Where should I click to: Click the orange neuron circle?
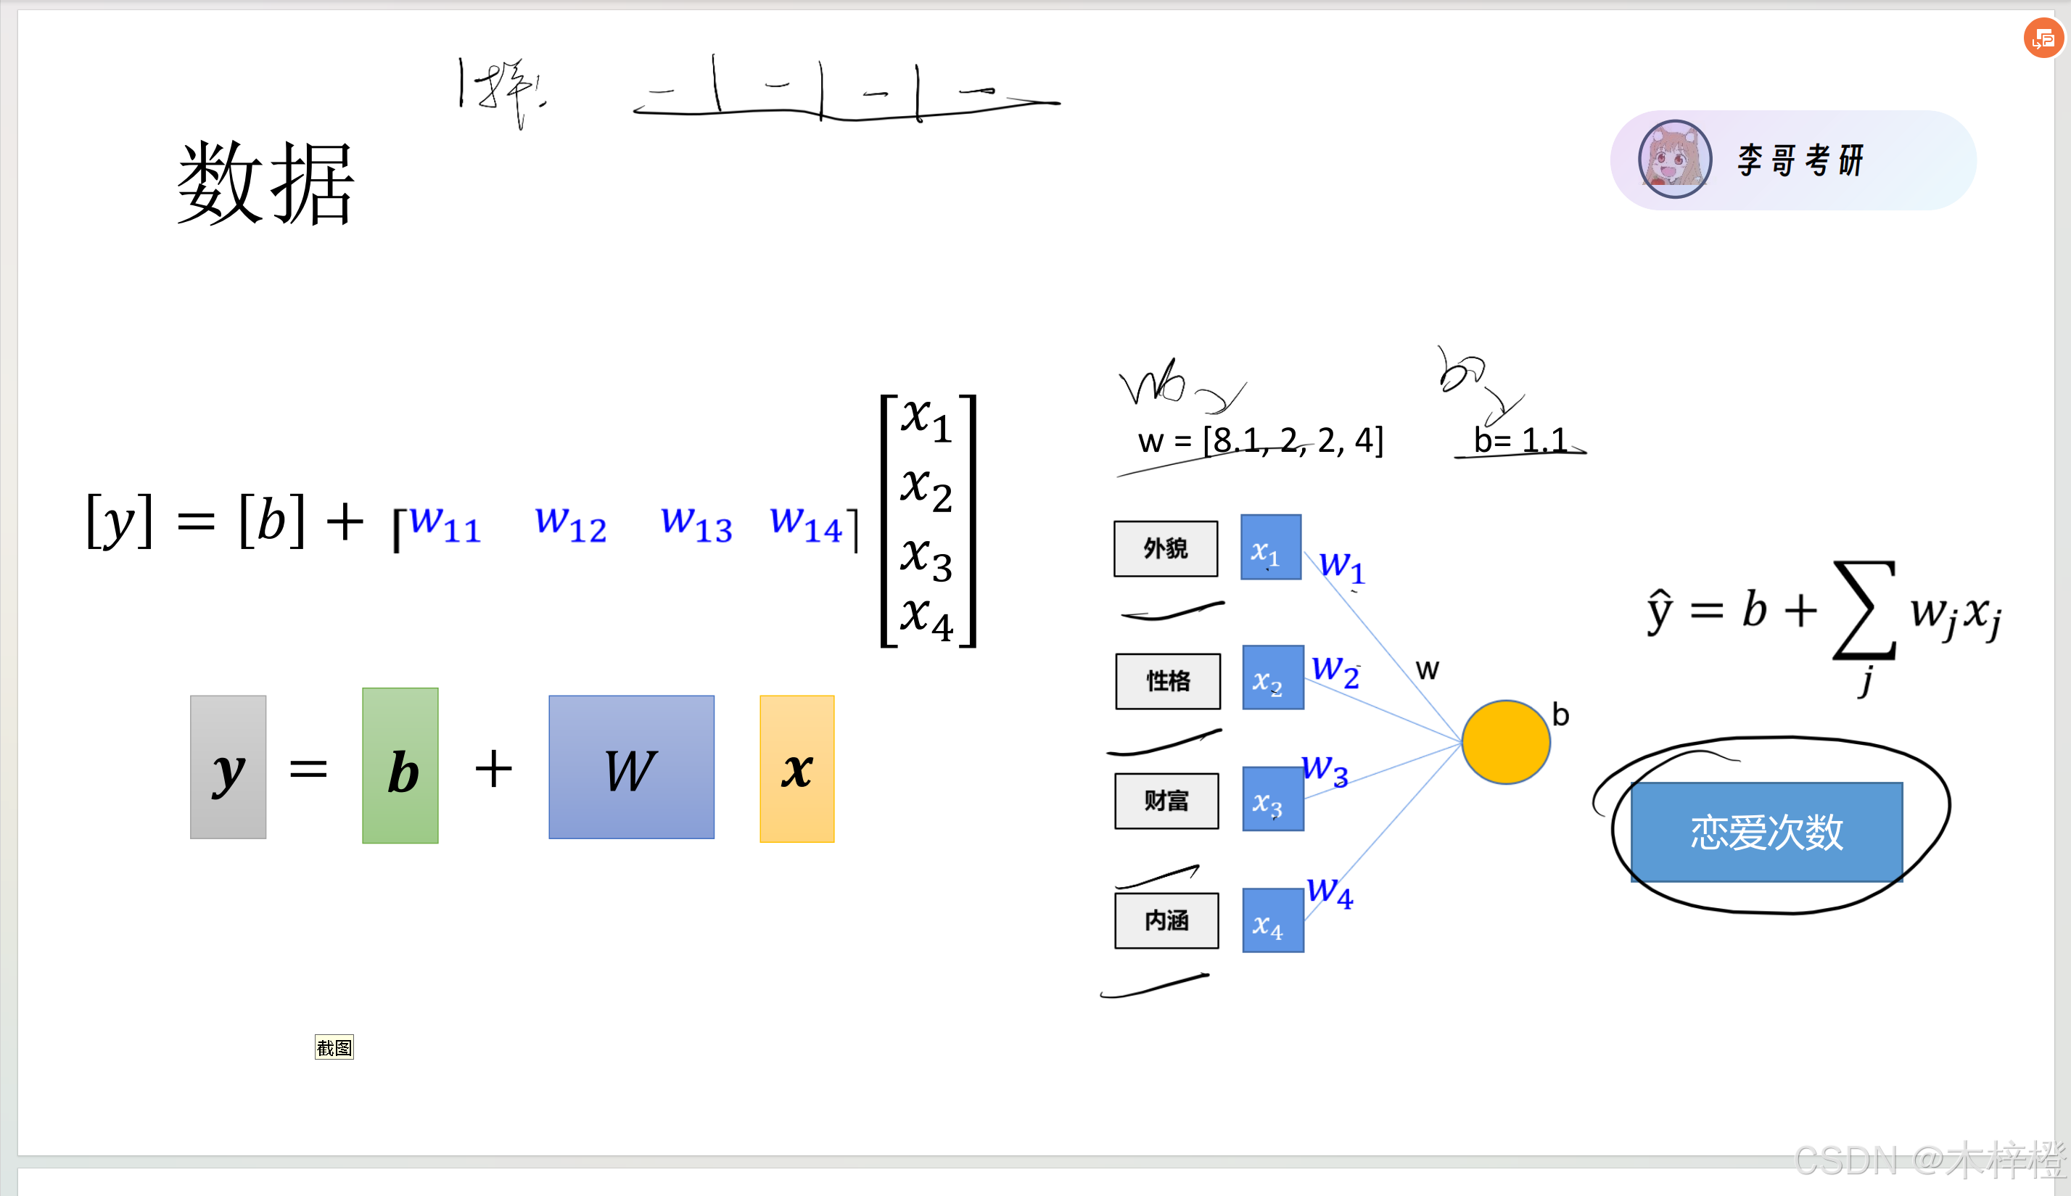tap(1505, 742)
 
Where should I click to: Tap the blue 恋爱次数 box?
tap(1766, 831)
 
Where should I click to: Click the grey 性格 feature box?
tap(1167, 681)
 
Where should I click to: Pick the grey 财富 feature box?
tap(1166, 801)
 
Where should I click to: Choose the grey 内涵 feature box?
tap(1166, 920)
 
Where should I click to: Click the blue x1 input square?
tap(1270, 547)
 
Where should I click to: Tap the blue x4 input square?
tap(1272, 920)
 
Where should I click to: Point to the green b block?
tap(400, 766)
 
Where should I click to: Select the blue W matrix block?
tap(631, 767)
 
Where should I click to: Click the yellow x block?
tap(797, 769)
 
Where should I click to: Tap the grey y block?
tap(228, 767)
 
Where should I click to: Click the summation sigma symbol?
tap(1863, 609)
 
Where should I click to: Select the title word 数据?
tap(265, 182)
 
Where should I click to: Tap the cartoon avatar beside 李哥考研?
tap(1674, 160)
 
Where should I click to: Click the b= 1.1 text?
tap(1520, 440)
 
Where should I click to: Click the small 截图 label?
tap(334, 1047)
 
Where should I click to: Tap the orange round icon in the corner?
tap(2043, 38)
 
